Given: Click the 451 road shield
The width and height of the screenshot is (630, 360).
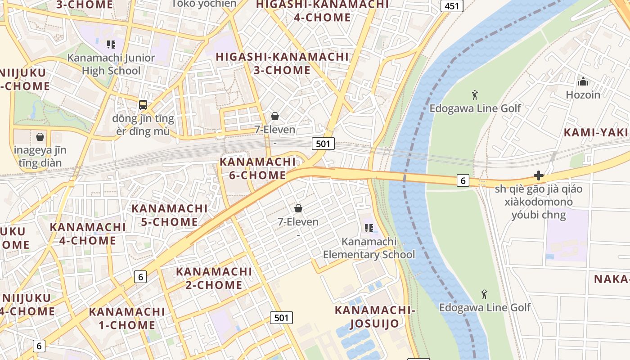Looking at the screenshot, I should click(x=451, y=6).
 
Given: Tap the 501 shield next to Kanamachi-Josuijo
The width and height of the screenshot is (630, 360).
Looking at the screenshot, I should click(x=281, y=318).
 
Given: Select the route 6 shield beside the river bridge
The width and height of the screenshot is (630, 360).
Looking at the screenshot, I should click(x=463, y=180).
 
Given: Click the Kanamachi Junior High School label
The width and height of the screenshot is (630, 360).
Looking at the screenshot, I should click(x=111, y=64).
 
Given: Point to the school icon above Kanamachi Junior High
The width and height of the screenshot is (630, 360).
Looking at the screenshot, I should click(x=111, y=44).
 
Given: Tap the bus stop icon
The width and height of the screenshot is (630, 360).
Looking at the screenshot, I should click(x=143, y=105).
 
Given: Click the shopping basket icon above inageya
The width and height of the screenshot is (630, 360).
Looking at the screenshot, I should click(x=40, y=136).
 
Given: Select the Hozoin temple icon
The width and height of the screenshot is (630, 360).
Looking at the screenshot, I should click(x=583, y=81).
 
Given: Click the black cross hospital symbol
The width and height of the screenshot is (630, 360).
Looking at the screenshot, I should click(x=539, y=175).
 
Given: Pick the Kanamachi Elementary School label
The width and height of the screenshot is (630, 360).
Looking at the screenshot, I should click(x=369, y=248).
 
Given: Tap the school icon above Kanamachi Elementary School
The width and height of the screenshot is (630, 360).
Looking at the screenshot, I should click(x=369, y=228).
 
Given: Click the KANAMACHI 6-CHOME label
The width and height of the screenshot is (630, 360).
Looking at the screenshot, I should click(x=258, y=168).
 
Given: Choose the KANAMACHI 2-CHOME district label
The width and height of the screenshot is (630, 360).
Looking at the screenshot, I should click(x=214, y=278).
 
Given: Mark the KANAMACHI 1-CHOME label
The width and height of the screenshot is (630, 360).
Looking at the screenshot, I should click(x=127, y=318).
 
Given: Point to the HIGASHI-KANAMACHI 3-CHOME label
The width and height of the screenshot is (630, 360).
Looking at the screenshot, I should click(x=282, y=63).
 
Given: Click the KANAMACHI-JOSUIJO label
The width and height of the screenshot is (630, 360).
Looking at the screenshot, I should click(x=374, y=316).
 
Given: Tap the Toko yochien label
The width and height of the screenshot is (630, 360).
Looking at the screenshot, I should click(x=204, y=4).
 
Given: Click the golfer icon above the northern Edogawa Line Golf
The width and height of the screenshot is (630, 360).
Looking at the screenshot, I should click(x=475, y=94).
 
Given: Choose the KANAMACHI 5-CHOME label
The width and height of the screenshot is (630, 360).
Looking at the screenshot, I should click(x=169, y=215).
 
